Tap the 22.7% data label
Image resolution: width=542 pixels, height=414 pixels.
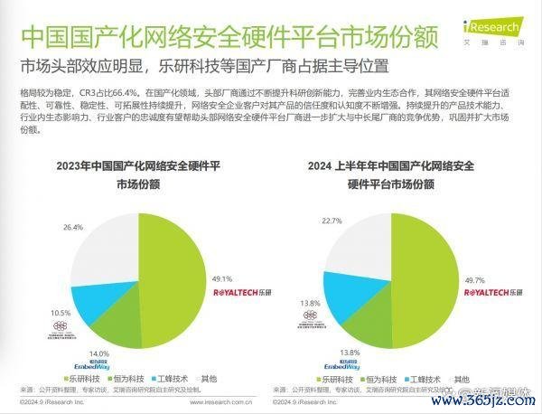[x=331, y=220]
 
